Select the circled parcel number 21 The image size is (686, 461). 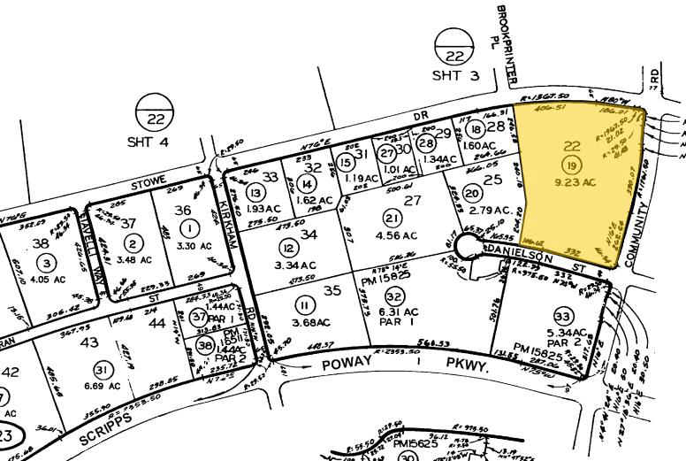pos(391,218)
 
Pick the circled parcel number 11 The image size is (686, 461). pos(305,305)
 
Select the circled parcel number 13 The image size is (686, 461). pos(256,193)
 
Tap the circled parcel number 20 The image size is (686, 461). pos(471,194)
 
